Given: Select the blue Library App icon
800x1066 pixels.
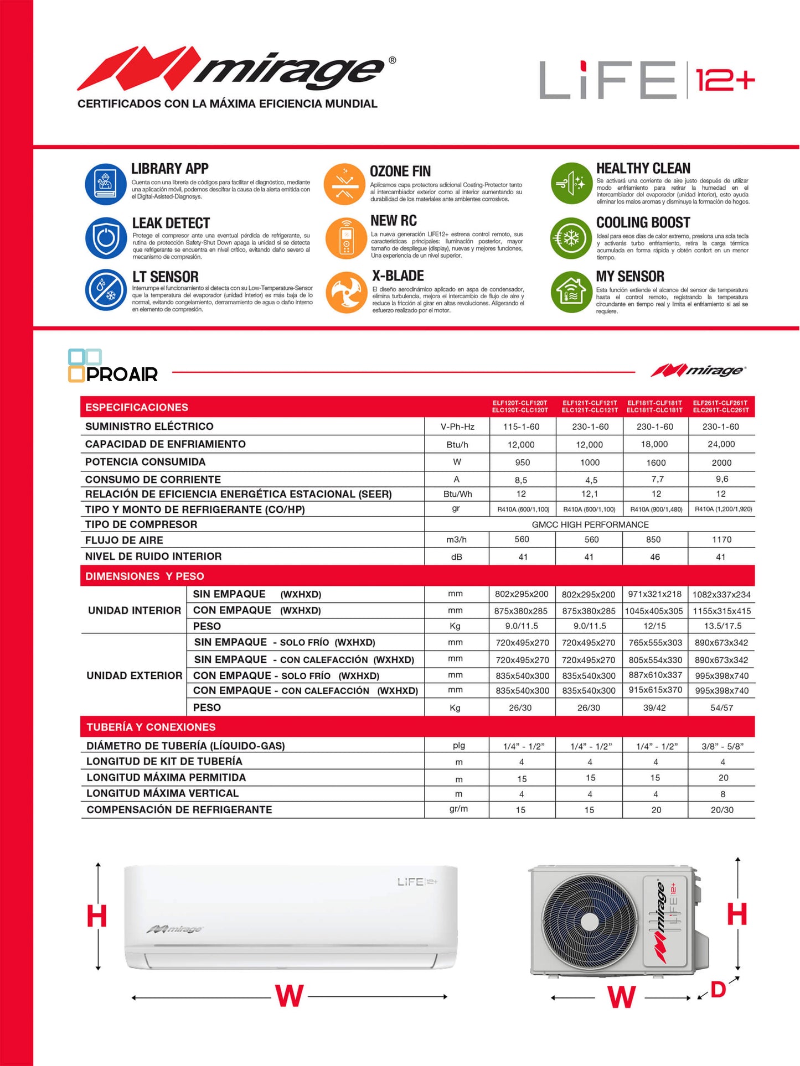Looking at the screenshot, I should click(105, 184).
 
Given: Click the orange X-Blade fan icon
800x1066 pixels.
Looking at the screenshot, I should click(346, 292).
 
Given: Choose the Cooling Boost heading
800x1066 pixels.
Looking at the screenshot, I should click(643, 222).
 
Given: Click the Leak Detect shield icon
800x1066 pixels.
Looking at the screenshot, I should click(106, 238).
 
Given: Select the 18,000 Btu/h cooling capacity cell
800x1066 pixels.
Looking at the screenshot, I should click(654, 444).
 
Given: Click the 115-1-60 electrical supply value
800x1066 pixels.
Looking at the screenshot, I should click(522, 427).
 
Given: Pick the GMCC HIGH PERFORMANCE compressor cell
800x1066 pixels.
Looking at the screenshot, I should click(590, 524).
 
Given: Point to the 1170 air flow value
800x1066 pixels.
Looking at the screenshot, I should click(721, 539).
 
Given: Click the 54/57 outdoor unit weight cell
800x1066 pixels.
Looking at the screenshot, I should click(721, 708).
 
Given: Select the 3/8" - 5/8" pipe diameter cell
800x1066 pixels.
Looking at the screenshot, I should click(722, 746).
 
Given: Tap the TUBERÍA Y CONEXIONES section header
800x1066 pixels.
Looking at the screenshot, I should click(151, 727).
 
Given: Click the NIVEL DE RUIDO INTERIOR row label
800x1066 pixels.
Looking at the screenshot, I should click(153, 557).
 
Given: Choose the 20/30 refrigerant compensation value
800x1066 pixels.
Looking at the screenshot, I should click(722, 810).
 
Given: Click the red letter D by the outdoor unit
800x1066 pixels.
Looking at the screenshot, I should click(718, 989).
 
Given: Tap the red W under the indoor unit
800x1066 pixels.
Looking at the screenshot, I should click(290, 996).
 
